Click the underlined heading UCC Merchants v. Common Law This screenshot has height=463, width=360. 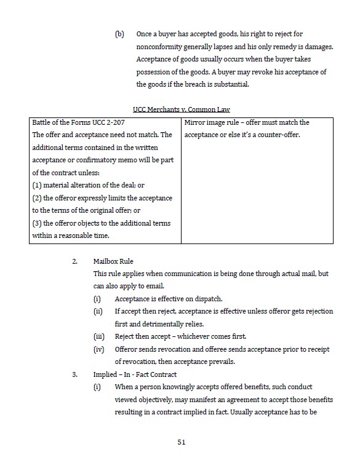181,109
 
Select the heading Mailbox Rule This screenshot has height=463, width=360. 113,261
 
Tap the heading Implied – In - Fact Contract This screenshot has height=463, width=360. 135,374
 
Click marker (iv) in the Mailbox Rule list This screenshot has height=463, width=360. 98,349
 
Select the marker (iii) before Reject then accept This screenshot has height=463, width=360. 98,336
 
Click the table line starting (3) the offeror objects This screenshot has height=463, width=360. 102,223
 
